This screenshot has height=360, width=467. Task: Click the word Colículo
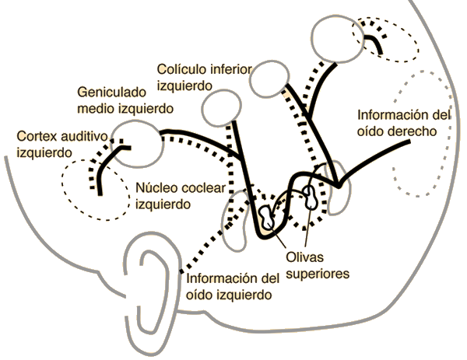[182, 69]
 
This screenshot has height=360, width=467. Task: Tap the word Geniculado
[112, 93]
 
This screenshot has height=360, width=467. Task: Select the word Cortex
[37, 137]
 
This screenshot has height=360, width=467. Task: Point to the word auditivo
[84, 137]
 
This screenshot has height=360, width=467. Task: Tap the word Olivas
[304, 257]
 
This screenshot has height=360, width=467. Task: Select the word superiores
[318, 274]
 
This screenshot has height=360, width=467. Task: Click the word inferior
[231, 69]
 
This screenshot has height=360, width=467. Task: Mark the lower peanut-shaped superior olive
[265, 216]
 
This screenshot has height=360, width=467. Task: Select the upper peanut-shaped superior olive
[311, 197]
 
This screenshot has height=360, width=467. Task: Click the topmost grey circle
[338, 39]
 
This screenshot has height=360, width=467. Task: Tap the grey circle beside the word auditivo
[137, 144]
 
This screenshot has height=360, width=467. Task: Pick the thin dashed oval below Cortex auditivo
[96, 190]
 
